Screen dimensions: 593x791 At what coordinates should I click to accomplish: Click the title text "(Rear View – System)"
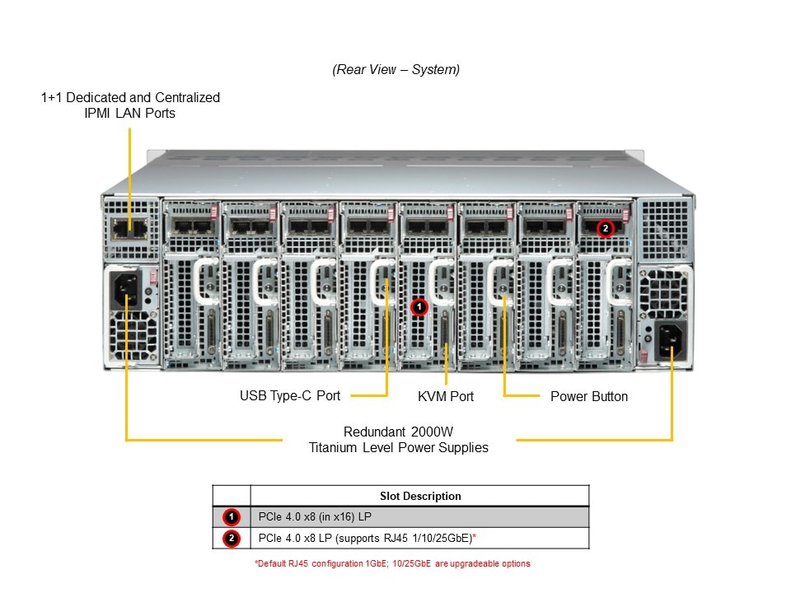(395, 70)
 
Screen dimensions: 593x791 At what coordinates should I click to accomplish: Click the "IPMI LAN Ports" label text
(130, 114)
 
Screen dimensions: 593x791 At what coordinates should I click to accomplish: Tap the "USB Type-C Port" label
(290, 396)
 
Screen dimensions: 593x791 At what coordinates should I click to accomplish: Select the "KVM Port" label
(446, 397)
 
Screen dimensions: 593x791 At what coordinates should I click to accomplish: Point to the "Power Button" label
(588, 397)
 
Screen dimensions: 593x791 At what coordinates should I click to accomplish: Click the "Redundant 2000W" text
(399, 432)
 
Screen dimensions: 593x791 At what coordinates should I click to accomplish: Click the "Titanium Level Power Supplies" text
(399, 448)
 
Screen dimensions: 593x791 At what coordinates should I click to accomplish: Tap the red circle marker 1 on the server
(419, 307)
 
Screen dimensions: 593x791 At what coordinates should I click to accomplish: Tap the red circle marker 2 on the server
(606, 227)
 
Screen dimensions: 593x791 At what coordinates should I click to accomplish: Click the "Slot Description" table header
(420, 496)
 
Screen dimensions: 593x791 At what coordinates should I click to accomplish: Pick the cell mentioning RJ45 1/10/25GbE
(367, 539)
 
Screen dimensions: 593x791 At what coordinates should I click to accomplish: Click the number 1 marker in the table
(232, 517)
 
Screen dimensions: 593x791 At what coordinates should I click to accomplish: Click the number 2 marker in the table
(232, 539)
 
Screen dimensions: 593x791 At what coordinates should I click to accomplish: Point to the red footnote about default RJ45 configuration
(392, 564)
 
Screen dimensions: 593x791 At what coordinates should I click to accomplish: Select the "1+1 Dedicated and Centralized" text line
(130, 97)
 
